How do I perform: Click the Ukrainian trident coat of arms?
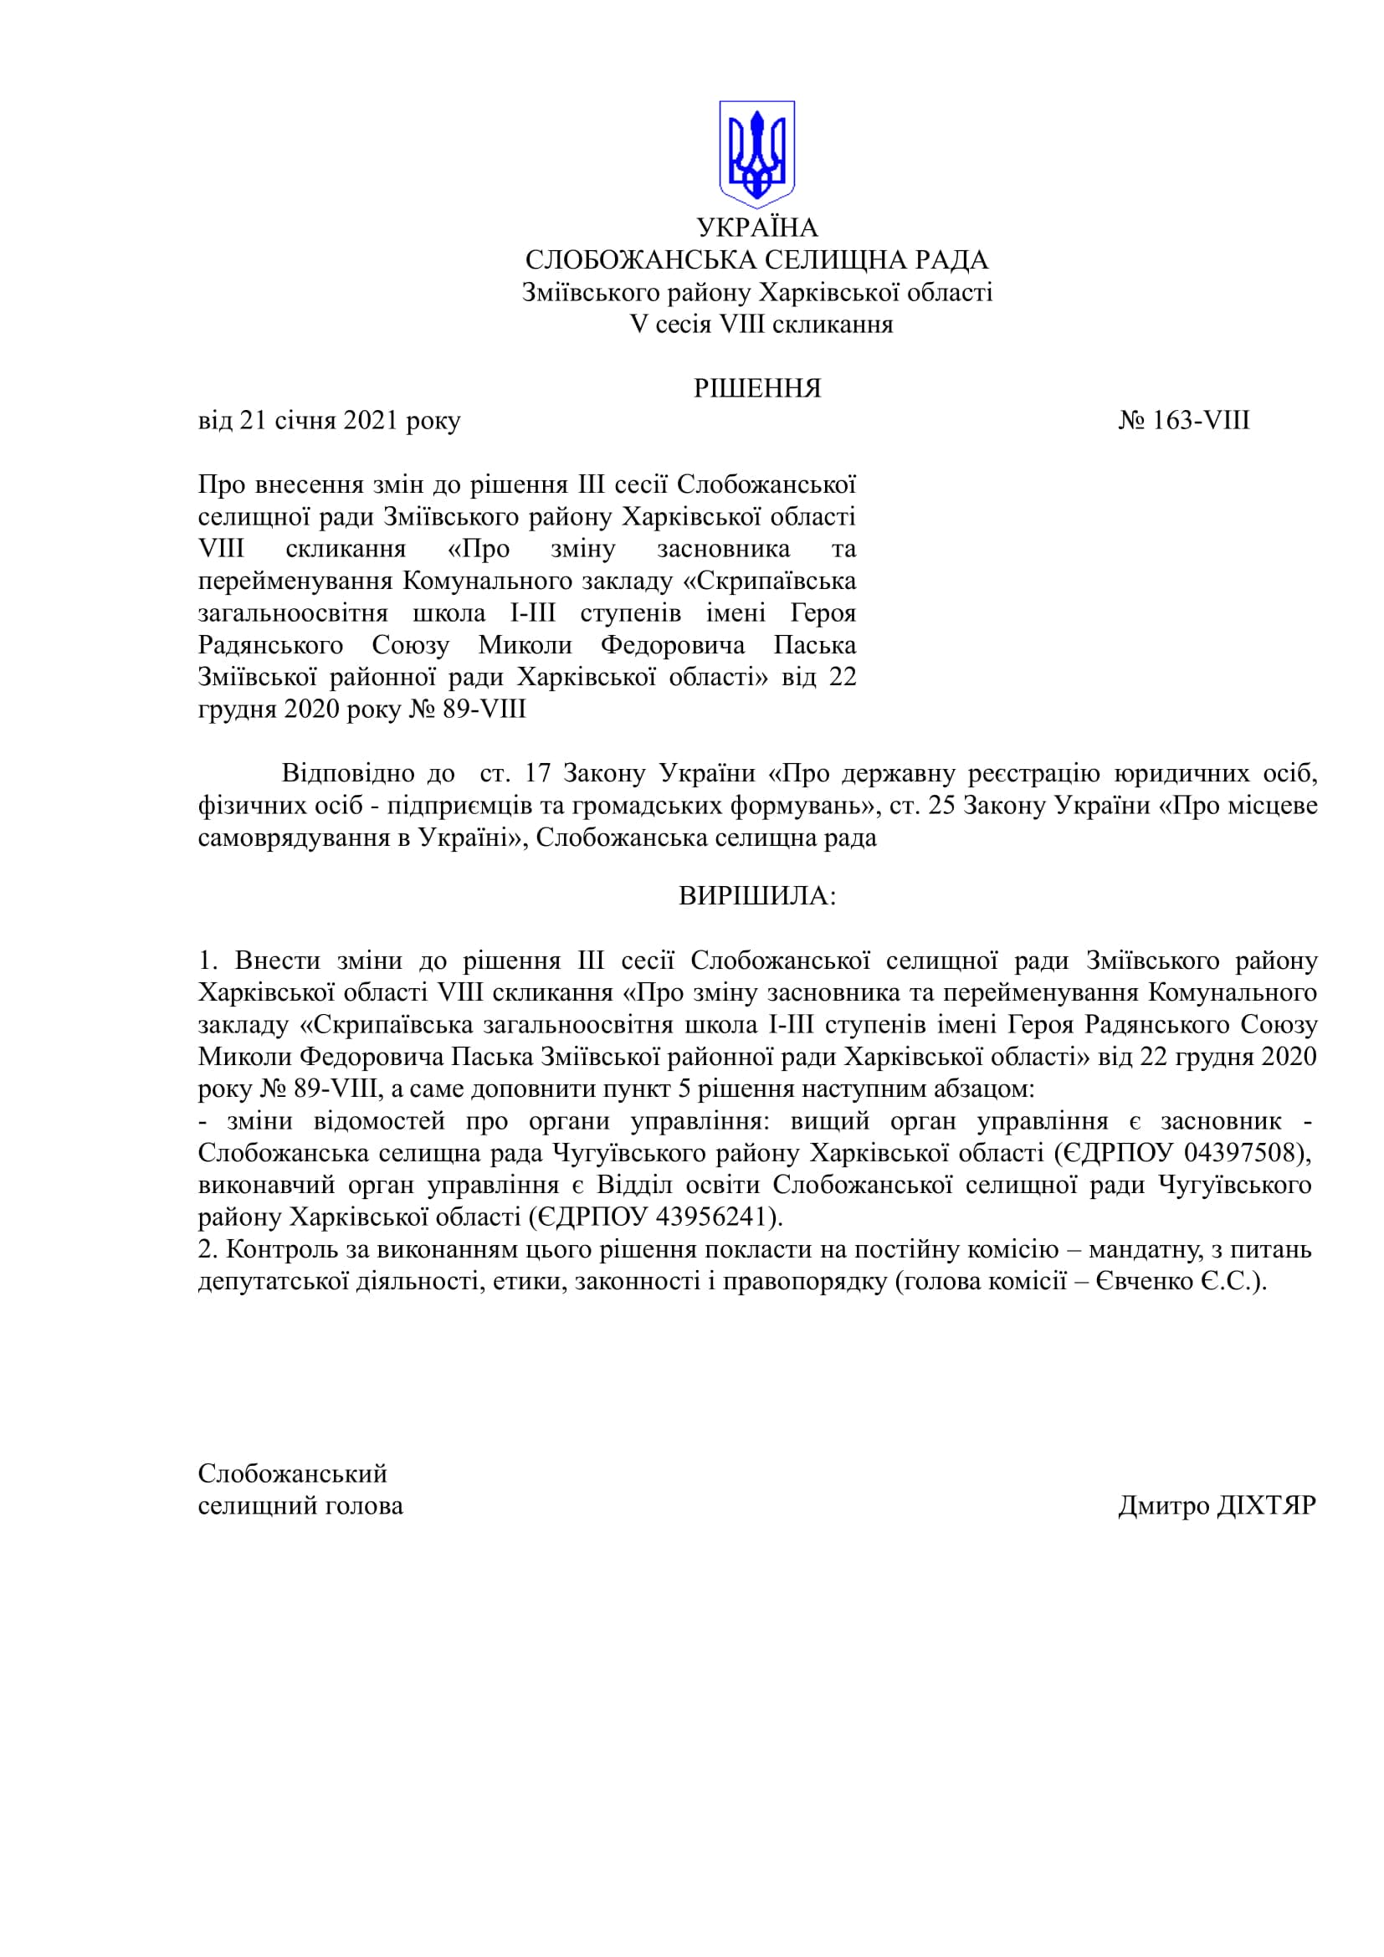coord(756,154)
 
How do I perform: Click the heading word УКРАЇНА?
coord(756,228)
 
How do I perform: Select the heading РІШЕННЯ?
coord(756,389)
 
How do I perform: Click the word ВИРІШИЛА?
coord(756,896)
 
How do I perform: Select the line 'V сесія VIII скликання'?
coord(761,325)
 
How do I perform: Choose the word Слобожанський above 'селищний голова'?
coord(292,1473)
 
